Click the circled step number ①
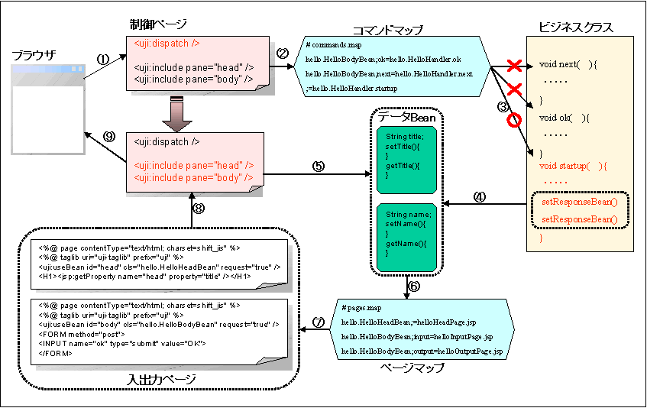(104, 58)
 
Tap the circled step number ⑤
(319, 165)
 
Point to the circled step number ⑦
(319, 322)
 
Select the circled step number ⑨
(109, 137)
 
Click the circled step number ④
(479, 196)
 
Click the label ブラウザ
(37, 57)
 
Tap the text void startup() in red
(572, 166)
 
